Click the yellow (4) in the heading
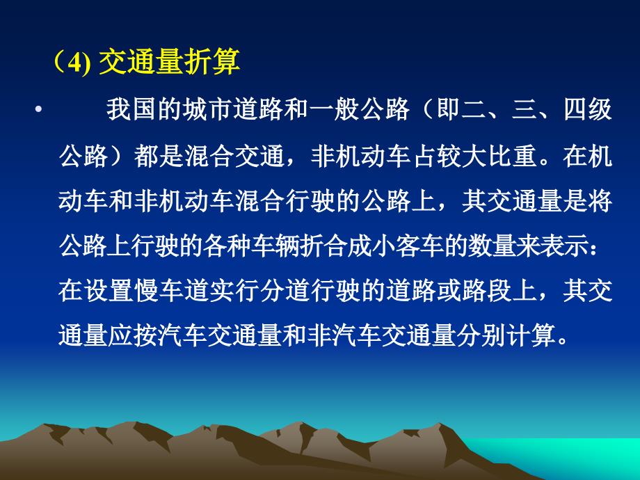pos(72,63)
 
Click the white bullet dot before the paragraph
pos(38,110)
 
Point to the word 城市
pos(207,109)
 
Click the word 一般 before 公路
pos(334,109)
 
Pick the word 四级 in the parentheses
pos(588,109)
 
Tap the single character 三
pos(525,109)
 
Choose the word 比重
pos(512,156)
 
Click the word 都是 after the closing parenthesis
pos(159,156)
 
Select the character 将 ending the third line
pos(600,201)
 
